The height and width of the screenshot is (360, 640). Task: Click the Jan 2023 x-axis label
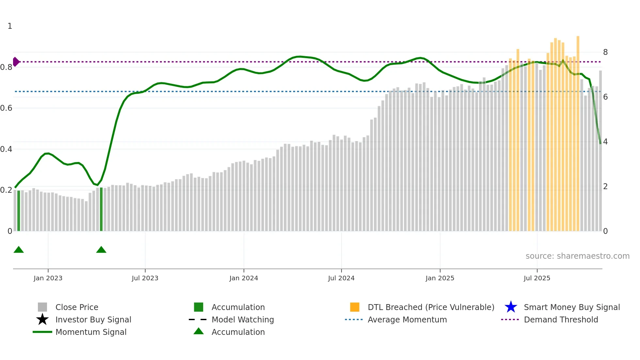click(48, 278)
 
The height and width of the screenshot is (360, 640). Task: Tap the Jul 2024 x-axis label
click(341, 278)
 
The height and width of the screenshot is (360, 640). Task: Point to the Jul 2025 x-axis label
click(537, 278)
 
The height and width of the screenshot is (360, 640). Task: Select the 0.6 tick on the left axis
click(6, 108)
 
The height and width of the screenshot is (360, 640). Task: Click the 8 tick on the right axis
click(605, 52)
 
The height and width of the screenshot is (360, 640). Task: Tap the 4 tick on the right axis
click(605, 142)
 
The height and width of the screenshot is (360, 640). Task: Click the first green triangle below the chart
click(19, 250)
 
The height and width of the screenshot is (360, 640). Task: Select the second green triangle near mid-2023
click(101, 250)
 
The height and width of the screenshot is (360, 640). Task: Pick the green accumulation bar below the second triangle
click(101, 209)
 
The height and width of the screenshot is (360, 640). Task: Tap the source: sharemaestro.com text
click(577, 256)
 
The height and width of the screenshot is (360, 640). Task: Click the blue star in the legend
click(511, 307)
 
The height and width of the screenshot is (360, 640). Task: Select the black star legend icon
click(42, 319)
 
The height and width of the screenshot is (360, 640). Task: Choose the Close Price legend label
click(77, 307)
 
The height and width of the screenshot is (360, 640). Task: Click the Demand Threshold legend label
click(561, 319)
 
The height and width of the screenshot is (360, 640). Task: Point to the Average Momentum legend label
click(407, 319)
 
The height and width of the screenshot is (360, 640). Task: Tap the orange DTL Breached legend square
click(355, 307)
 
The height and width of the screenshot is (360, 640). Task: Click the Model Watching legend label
click(243, 319)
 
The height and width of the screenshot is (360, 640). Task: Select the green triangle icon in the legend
click(199, 332)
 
